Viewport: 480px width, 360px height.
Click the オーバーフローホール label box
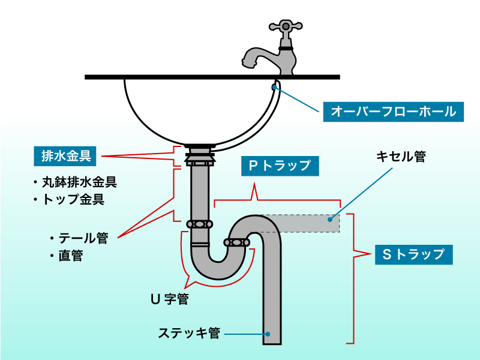[394, 111]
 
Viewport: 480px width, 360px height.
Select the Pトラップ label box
[280, 166]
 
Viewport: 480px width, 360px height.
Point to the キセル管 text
[400, 157]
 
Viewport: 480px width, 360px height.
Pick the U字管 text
[169, 299]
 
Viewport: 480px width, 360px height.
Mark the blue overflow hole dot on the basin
[275, 88]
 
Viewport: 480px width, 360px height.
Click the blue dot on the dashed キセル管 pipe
[329, 220]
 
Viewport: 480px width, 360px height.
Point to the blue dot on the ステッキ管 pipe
[268, 334]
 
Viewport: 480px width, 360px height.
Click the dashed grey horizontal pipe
[300, 223]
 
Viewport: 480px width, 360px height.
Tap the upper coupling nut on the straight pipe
[199, 224]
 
